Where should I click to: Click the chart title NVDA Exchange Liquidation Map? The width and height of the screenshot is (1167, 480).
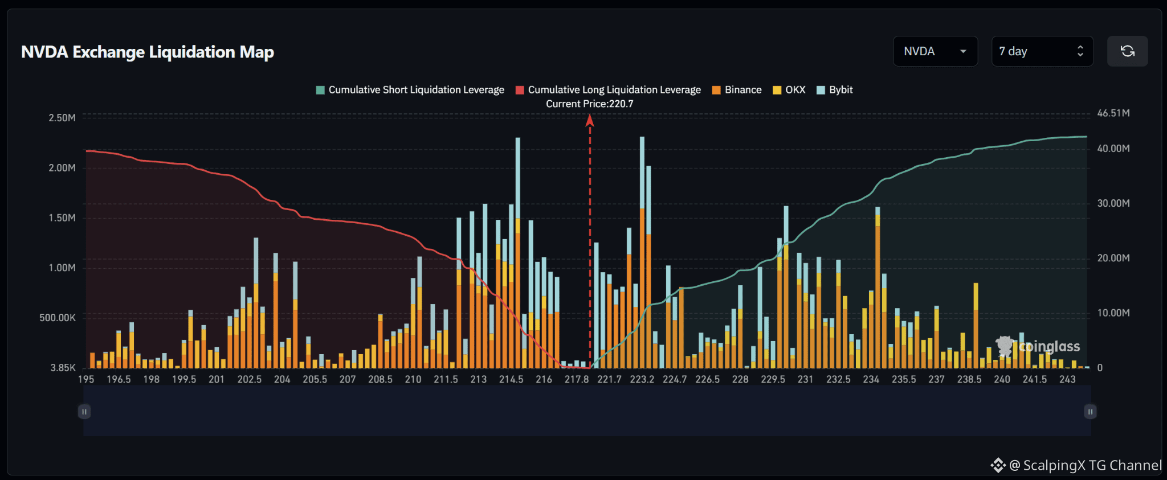pos(148,52)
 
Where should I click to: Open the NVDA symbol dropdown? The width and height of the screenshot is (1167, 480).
pos(936,51)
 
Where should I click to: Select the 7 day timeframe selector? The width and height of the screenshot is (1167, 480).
pos(1042,51)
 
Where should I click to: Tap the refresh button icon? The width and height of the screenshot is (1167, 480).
pos(1127,51)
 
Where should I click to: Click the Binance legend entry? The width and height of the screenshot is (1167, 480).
pos(737,90)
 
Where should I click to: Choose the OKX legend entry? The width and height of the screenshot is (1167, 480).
pos(789,90)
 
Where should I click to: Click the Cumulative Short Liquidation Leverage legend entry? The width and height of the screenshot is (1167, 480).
pos(410,90)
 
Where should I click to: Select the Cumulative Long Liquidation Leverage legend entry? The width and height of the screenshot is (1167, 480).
pos(608,90)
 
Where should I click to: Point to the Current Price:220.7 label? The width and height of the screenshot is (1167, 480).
pos(590,104)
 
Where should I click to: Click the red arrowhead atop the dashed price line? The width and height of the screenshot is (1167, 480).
pos(590,120)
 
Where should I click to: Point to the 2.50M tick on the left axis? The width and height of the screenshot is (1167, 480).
pos(62,118)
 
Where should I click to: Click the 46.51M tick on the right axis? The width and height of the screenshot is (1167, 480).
pos(1113,113)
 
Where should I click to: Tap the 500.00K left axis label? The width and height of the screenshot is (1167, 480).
pos(58,318)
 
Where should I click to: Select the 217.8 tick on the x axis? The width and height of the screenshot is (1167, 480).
pos(577,379)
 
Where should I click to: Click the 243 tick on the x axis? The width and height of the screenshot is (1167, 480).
pos(1067,379)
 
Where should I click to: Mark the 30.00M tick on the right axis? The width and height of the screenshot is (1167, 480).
pos(1113,203)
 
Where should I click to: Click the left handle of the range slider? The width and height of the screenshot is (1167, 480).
pos(84,412)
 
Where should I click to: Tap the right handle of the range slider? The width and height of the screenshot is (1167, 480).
pos(1090,412)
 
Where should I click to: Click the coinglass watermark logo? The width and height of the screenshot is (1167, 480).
pos(1038,346)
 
